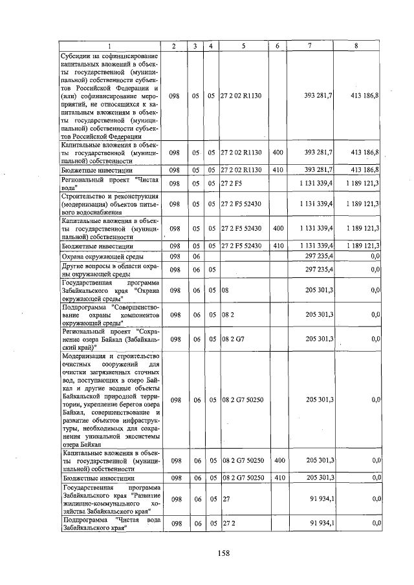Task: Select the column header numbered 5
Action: click(x=243, y=46)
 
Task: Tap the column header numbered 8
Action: click(x=356, y=46)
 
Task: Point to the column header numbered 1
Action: click(x=109, y=46)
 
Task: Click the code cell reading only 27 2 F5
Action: click(x=230, y=184)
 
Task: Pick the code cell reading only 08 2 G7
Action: click(x=232, y=339)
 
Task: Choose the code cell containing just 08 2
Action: click(x=226, y=314)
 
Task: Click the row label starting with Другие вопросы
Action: click(x=109, y=269)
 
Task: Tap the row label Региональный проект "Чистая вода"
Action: click(x=109, y=184)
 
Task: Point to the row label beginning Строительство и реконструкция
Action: click(x=109, y=204)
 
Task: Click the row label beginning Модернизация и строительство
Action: click(x=109, y=399)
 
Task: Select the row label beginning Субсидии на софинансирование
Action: click(x=109, y=96)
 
